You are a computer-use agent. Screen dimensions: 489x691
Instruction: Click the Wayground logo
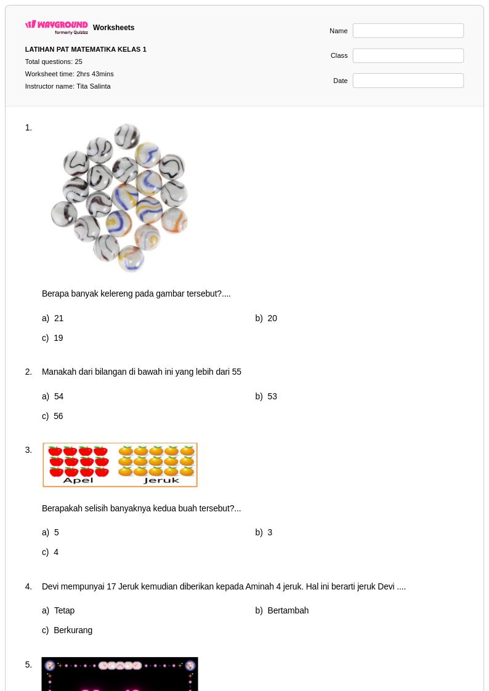[x=57, y=27]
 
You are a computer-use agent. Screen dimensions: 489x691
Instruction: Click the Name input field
[x=408, y=31]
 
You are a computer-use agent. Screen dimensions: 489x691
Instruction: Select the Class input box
[x=408, y=55]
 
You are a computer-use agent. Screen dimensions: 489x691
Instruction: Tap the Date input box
[x=408, y=81]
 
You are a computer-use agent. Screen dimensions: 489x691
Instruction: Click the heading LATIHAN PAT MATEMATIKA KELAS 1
[x=86, y=49]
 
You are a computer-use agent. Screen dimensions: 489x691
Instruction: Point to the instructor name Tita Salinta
[x=94, y=86]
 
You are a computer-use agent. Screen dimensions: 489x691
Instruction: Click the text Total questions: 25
[x=54, y=62]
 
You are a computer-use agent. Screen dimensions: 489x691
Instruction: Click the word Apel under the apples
[x=78, y=481]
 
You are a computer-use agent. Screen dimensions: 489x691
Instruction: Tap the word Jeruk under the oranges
[x=161, y=481]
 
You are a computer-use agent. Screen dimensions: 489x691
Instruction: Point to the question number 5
[x=28, y=665]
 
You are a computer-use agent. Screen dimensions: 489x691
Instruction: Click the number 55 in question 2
[x=236, y=372]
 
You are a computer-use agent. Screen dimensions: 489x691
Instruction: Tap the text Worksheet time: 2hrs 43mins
[x=69, y=74]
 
